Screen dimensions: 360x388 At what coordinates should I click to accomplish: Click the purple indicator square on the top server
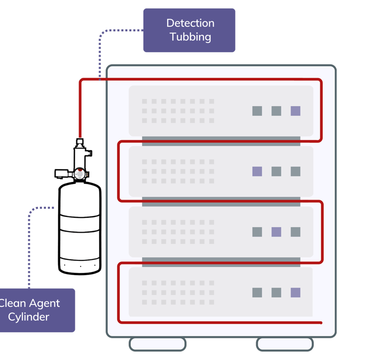click(296, 111)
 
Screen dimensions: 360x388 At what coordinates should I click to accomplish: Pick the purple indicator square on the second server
click(257, 171)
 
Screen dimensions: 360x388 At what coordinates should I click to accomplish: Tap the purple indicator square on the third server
click(276, 232)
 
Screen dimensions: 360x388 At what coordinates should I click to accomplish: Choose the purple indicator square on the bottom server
click(296, 292)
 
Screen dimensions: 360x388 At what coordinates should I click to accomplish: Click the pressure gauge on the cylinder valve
click(79, 173)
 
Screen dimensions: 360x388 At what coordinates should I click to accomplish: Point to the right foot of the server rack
click(284, 344)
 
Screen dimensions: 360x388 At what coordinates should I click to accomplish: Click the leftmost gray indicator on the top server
click(257, 111)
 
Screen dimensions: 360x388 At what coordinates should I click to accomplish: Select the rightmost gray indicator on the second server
click(296, 171)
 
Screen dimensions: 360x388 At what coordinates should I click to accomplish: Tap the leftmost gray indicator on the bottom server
click(257, 292)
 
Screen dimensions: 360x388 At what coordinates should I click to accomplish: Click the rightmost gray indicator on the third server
click(296, 232)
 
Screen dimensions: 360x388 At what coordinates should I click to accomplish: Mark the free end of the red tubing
click(321, 322)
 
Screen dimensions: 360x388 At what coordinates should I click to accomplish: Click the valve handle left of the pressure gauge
click(62, 173)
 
